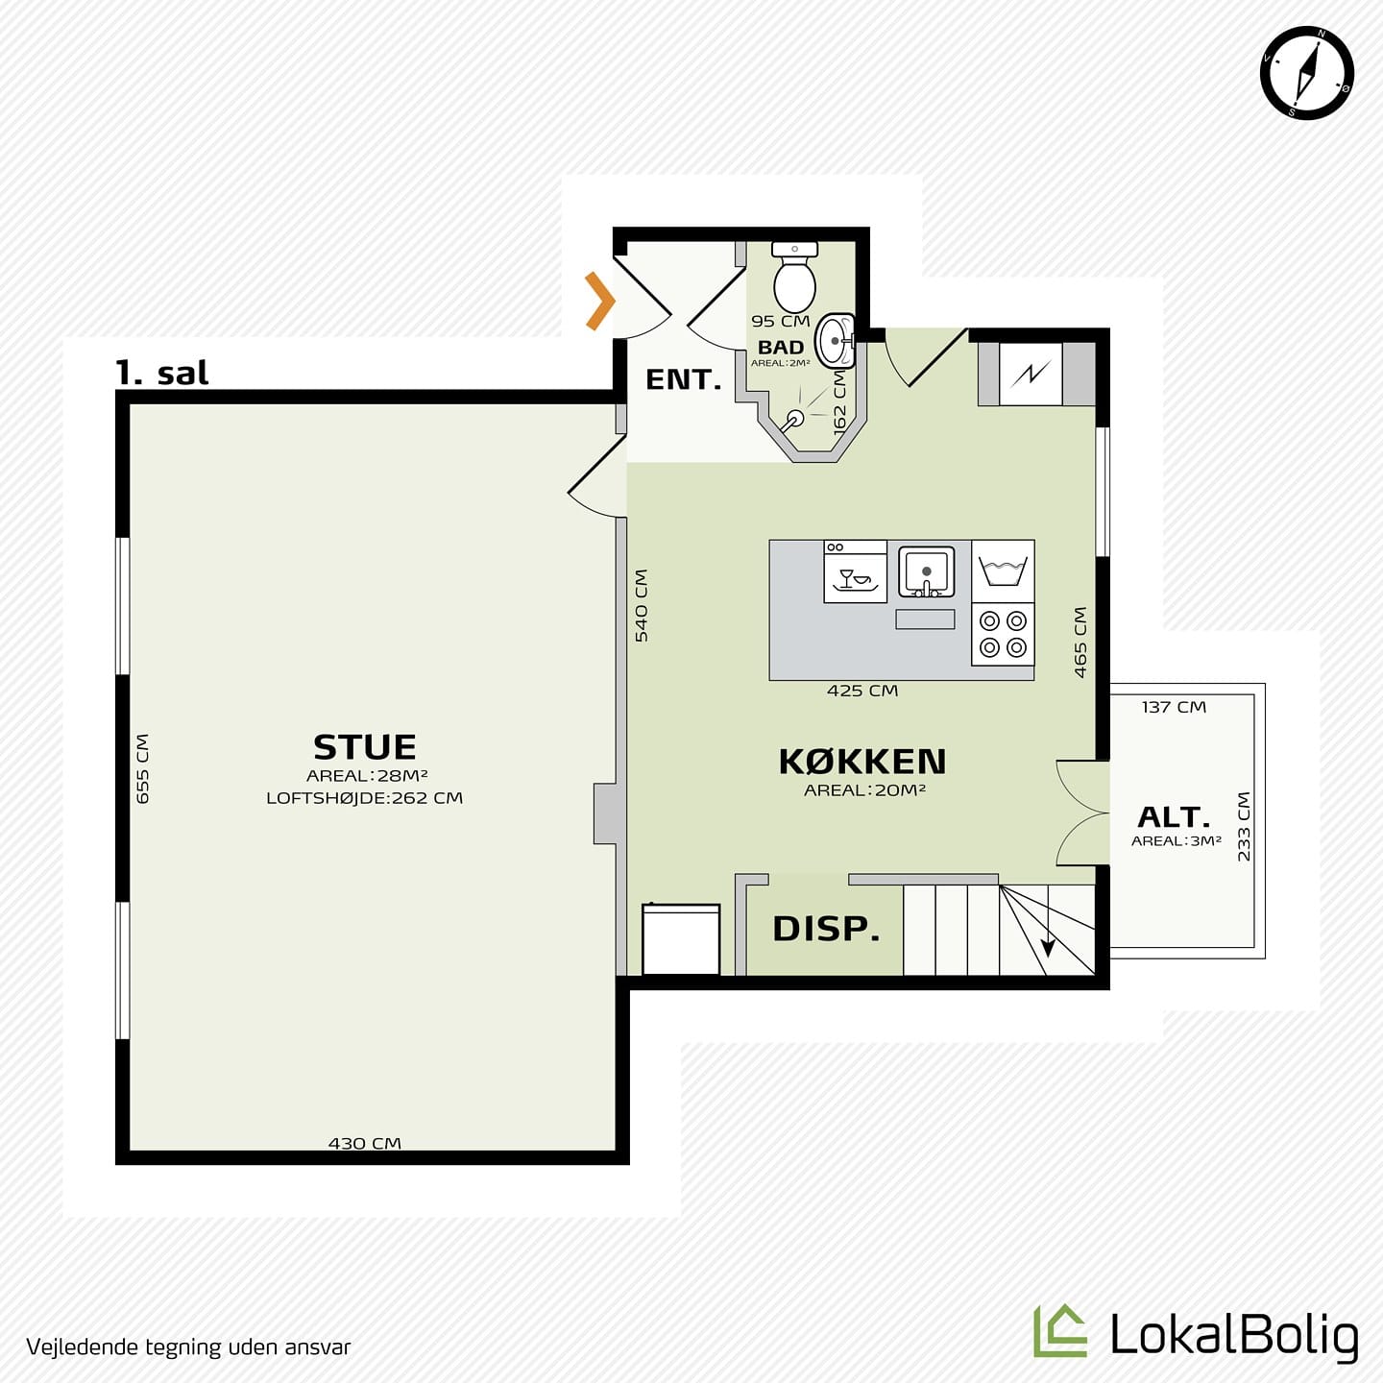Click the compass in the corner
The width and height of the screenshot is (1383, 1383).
click(1307, 72)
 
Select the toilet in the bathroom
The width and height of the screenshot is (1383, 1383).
click(794, 277)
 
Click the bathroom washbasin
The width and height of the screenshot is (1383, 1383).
click(835, 341)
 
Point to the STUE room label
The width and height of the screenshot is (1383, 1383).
click(365, 747)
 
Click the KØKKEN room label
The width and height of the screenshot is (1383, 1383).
click(862, 762)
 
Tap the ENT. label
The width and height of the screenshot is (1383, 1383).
click(683, 379)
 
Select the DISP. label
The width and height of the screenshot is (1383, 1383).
click(826, 929)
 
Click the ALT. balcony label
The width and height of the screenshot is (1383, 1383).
click(1175, 817)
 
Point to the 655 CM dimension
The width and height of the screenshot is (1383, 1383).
click(143, 768)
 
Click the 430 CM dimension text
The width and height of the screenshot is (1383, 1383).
click(365, 1143)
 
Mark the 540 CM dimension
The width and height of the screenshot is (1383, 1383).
click(642, 606)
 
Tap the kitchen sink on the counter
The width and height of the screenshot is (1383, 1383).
click(927, 572)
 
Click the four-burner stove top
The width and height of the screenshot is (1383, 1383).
click(1003, 634)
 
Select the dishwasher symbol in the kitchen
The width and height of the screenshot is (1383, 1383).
click(855, 571)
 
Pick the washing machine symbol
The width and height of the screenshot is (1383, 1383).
click(1003, 571)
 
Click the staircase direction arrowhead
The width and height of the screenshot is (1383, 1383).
click(1048, 948)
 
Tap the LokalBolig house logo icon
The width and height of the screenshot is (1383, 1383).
click(1060, 1330)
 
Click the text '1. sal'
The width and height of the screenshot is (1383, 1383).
click(162, 373)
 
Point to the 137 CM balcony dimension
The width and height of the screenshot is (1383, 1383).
click(1175, 707)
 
